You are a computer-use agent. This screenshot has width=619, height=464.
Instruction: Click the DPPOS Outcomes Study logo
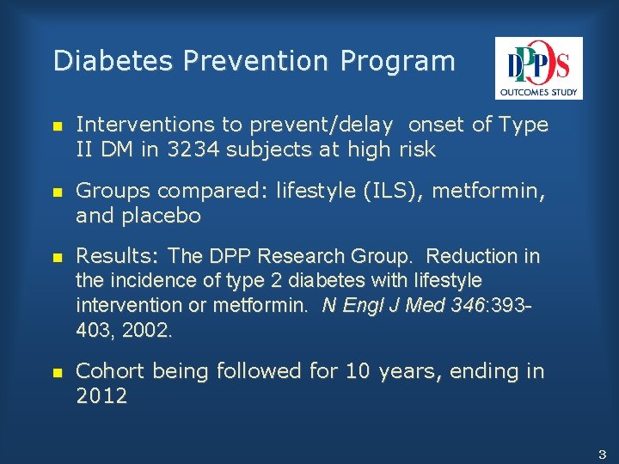(x=538, y=68)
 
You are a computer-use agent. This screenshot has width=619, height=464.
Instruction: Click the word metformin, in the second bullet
(x=487, y=190)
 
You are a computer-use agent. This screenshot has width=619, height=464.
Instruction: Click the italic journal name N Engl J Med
(x=379, y=305)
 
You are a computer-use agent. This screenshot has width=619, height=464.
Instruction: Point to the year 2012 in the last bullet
(x=101, y=396)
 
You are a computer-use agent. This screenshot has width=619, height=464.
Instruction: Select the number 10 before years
(x=359, y=371)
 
